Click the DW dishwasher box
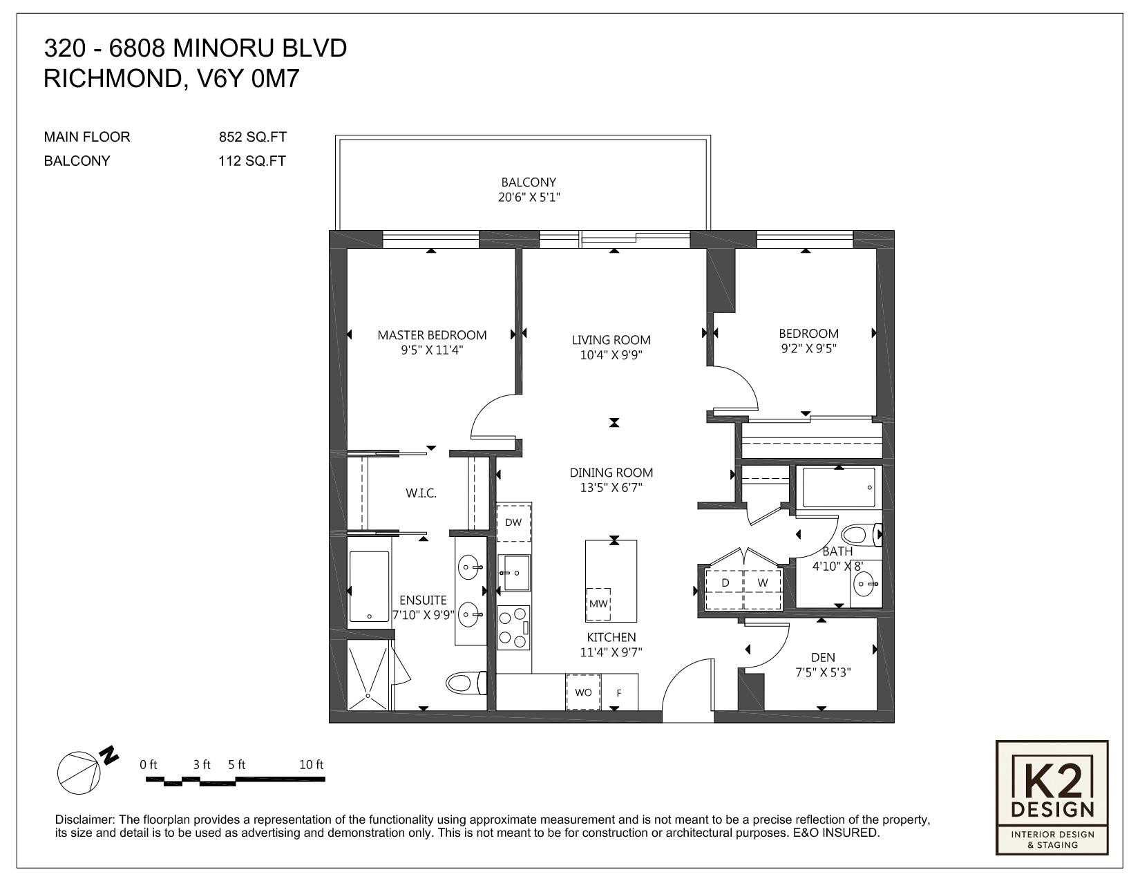coord(513,522)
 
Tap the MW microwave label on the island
coord(598,604)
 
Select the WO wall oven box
coord(583,692)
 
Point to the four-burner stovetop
coord(513,627)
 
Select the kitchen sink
coord(513,572)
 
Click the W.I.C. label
coord(421,493)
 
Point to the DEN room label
coord(823,658)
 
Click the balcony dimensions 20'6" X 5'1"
coord(529,198)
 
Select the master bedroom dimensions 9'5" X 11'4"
coord(432,350)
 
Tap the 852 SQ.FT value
coord(252,137)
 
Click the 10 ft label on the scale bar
coord(311,764)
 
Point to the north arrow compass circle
coord(79,773)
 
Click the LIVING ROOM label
coord(611,340)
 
